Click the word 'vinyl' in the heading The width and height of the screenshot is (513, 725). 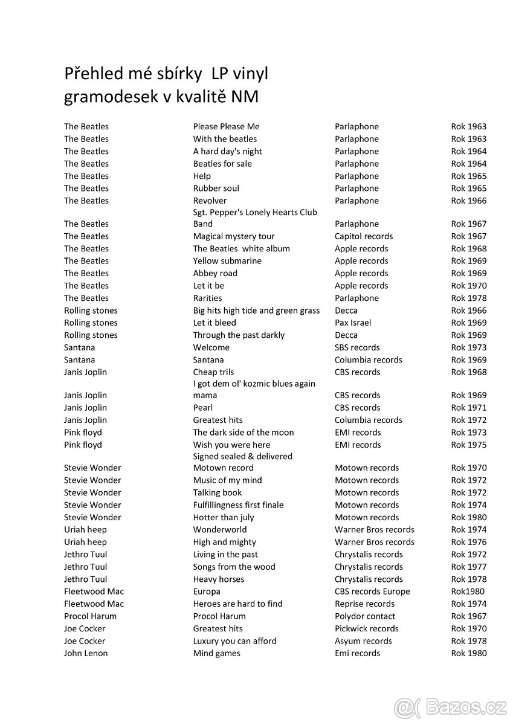(x=248, y=74)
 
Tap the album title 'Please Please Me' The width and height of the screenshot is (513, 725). (x=226, y=126)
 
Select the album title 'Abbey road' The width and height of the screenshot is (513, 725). (x=215, y=273)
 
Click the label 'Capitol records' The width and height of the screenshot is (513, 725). (x=364, y=236)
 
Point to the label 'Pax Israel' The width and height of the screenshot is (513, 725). (x=353, y=323)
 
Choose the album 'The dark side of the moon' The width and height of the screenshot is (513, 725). (x=244, y=433)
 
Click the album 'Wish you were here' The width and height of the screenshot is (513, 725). (x=231, y=445)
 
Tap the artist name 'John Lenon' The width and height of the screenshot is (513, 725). (x=86, y=653)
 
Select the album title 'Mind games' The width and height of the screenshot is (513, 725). (x=216, y=653)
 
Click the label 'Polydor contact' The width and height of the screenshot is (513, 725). (x=365, y=616)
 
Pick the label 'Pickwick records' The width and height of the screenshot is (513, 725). (x=367, y=628)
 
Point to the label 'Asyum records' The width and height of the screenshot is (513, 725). (x=363, y=641)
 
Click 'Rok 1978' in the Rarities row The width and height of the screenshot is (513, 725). (x=468, y=298)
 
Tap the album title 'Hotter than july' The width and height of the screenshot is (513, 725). (x=224, y=517)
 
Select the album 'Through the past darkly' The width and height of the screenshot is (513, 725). (x=239, y=335)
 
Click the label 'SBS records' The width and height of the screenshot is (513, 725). (x=357, y=347)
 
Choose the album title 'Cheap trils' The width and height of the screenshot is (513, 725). (x=213, y=372)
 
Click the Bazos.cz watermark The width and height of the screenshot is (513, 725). (x=450, y=706)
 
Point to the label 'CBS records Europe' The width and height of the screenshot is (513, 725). (x=372, y=591)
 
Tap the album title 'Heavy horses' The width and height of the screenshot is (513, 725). (x=219, y=579)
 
